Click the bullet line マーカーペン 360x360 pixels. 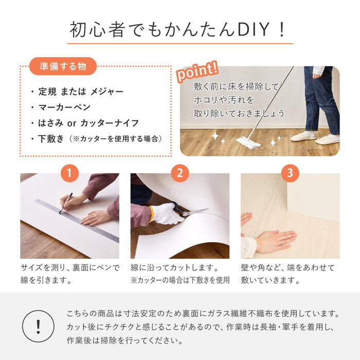pos(64,107)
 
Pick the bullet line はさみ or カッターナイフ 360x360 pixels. pos(88,123)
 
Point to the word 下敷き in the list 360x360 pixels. pos(51,139)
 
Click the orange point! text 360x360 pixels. pos(197,71)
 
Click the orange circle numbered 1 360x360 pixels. pos(69,173)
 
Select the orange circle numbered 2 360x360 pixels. pos(179,173)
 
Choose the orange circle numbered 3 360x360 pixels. pos(290,173)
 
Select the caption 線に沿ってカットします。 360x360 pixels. pos(175,268)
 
